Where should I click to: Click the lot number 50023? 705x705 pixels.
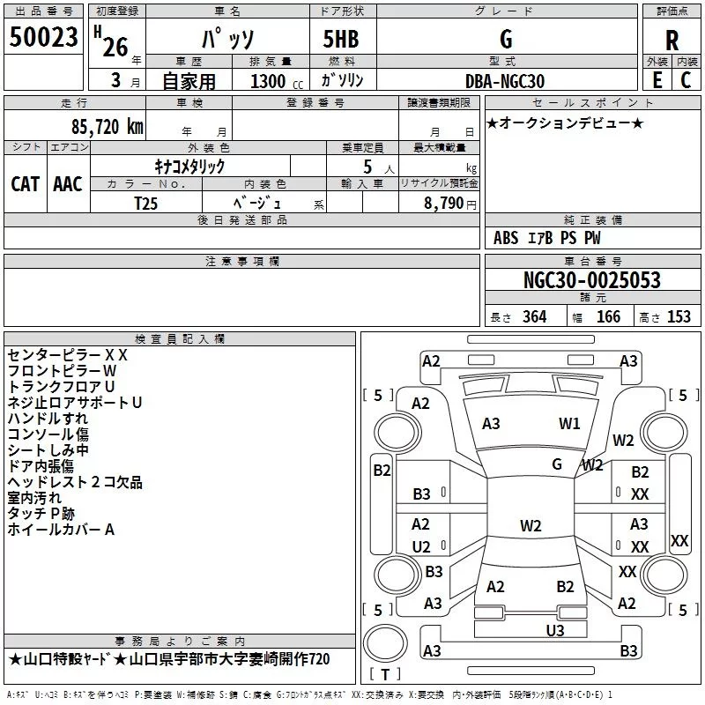44,38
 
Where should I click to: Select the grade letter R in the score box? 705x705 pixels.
672,41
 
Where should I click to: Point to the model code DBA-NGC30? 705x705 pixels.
505,81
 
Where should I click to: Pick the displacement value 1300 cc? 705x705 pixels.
272,81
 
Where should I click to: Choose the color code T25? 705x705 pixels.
147,203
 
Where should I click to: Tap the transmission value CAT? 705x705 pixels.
25,183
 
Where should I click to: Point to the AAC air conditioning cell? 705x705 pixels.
68,183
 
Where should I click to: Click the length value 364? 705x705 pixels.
533,316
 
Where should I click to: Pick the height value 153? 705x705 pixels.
679,316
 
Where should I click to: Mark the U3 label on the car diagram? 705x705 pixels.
554,630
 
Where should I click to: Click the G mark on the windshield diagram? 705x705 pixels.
557,464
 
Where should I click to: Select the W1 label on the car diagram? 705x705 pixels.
570,424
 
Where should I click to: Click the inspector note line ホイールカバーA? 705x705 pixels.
61,530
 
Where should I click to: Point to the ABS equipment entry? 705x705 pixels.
506,238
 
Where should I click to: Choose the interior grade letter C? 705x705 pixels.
686,81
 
